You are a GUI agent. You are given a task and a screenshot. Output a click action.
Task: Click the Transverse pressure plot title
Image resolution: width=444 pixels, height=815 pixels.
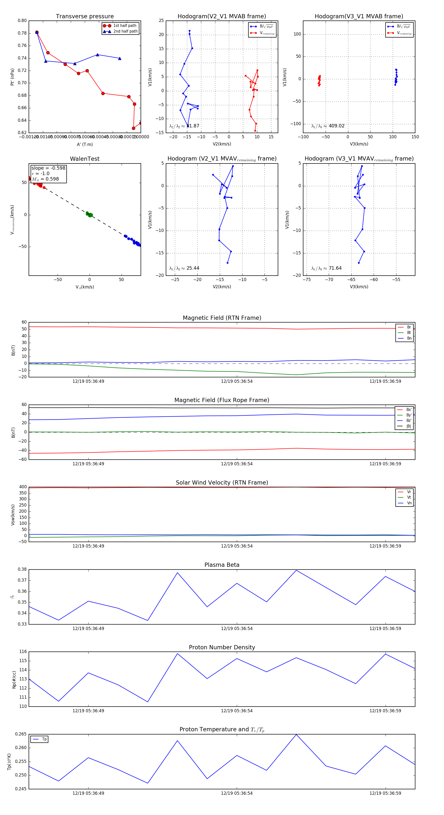(x=85, y=17)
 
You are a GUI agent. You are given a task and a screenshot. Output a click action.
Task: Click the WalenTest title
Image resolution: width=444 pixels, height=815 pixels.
(x=85, y=159)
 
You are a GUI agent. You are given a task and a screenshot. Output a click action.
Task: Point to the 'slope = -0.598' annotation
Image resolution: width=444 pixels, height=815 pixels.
(x=48, y=168)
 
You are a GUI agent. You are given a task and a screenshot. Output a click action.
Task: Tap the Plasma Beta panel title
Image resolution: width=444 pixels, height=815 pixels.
(x=222, y=565)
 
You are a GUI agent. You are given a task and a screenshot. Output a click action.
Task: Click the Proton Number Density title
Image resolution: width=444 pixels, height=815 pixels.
(x=222, y=647)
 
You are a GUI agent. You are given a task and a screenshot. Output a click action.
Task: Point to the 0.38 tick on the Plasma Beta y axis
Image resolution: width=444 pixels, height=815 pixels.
(x=22, y=569)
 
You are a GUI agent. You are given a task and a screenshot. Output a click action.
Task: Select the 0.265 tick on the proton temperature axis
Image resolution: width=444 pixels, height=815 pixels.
(x=21, y=734)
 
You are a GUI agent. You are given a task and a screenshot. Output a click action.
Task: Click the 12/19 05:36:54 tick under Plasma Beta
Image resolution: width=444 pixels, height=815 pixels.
(x=237, y=628)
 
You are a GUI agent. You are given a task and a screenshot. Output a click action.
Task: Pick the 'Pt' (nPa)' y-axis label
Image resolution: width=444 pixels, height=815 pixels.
(x=12, y=77)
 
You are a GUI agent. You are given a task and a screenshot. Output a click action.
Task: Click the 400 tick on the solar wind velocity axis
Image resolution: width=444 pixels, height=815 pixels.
(x=23, y=487)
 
